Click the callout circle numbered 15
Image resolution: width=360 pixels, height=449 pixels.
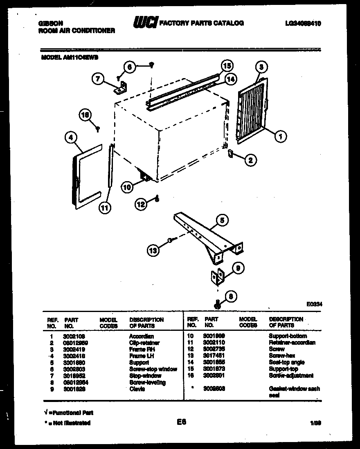coord(227,66)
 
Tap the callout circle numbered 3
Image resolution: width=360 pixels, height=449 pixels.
coord(262,67)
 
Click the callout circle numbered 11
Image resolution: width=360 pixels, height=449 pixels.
coord(106,207)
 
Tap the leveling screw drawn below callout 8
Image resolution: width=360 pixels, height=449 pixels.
coord(218,304)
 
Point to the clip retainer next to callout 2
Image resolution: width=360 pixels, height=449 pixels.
coord(230,153)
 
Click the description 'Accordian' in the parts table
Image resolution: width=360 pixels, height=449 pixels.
coord(142,336)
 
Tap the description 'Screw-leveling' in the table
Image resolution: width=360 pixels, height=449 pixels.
coord(148,382)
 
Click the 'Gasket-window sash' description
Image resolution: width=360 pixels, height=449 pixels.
coord(294,389)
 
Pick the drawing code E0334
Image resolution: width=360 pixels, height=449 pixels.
coord(314,304)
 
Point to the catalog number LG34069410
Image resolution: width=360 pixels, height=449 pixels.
coord(303,24)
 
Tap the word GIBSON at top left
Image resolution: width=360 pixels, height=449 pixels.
coord(48,23)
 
